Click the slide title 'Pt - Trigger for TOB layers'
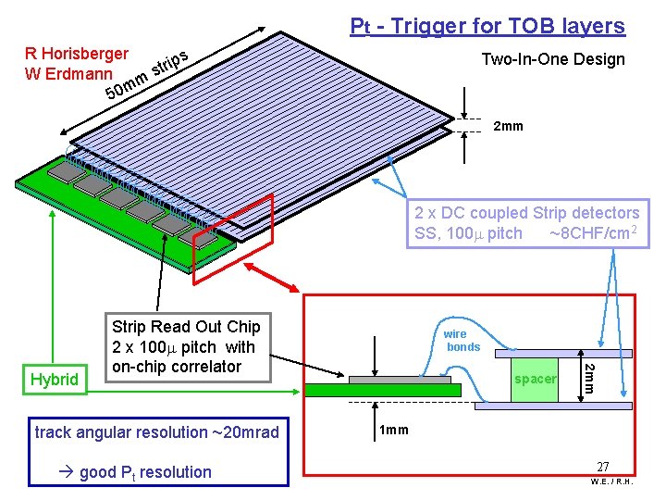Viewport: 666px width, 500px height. coord(487,26)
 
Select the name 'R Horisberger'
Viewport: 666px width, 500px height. coord(77,55)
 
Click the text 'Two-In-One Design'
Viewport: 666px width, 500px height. coord(553,59)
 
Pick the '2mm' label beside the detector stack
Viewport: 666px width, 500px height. coord(508,126)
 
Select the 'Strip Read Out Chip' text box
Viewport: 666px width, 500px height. coord(186,346)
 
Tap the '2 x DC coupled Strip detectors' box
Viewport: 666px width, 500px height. coord(526,223)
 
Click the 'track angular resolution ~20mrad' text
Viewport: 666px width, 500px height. coord(156,432)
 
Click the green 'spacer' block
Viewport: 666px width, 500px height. coord(536,379)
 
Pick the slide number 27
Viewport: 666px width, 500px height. coord(602,468)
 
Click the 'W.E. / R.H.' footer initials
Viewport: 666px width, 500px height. coord(610,481)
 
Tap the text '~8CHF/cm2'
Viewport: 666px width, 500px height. coord(590,233)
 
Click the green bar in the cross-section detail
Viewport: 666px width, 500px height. coord(382,390)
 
